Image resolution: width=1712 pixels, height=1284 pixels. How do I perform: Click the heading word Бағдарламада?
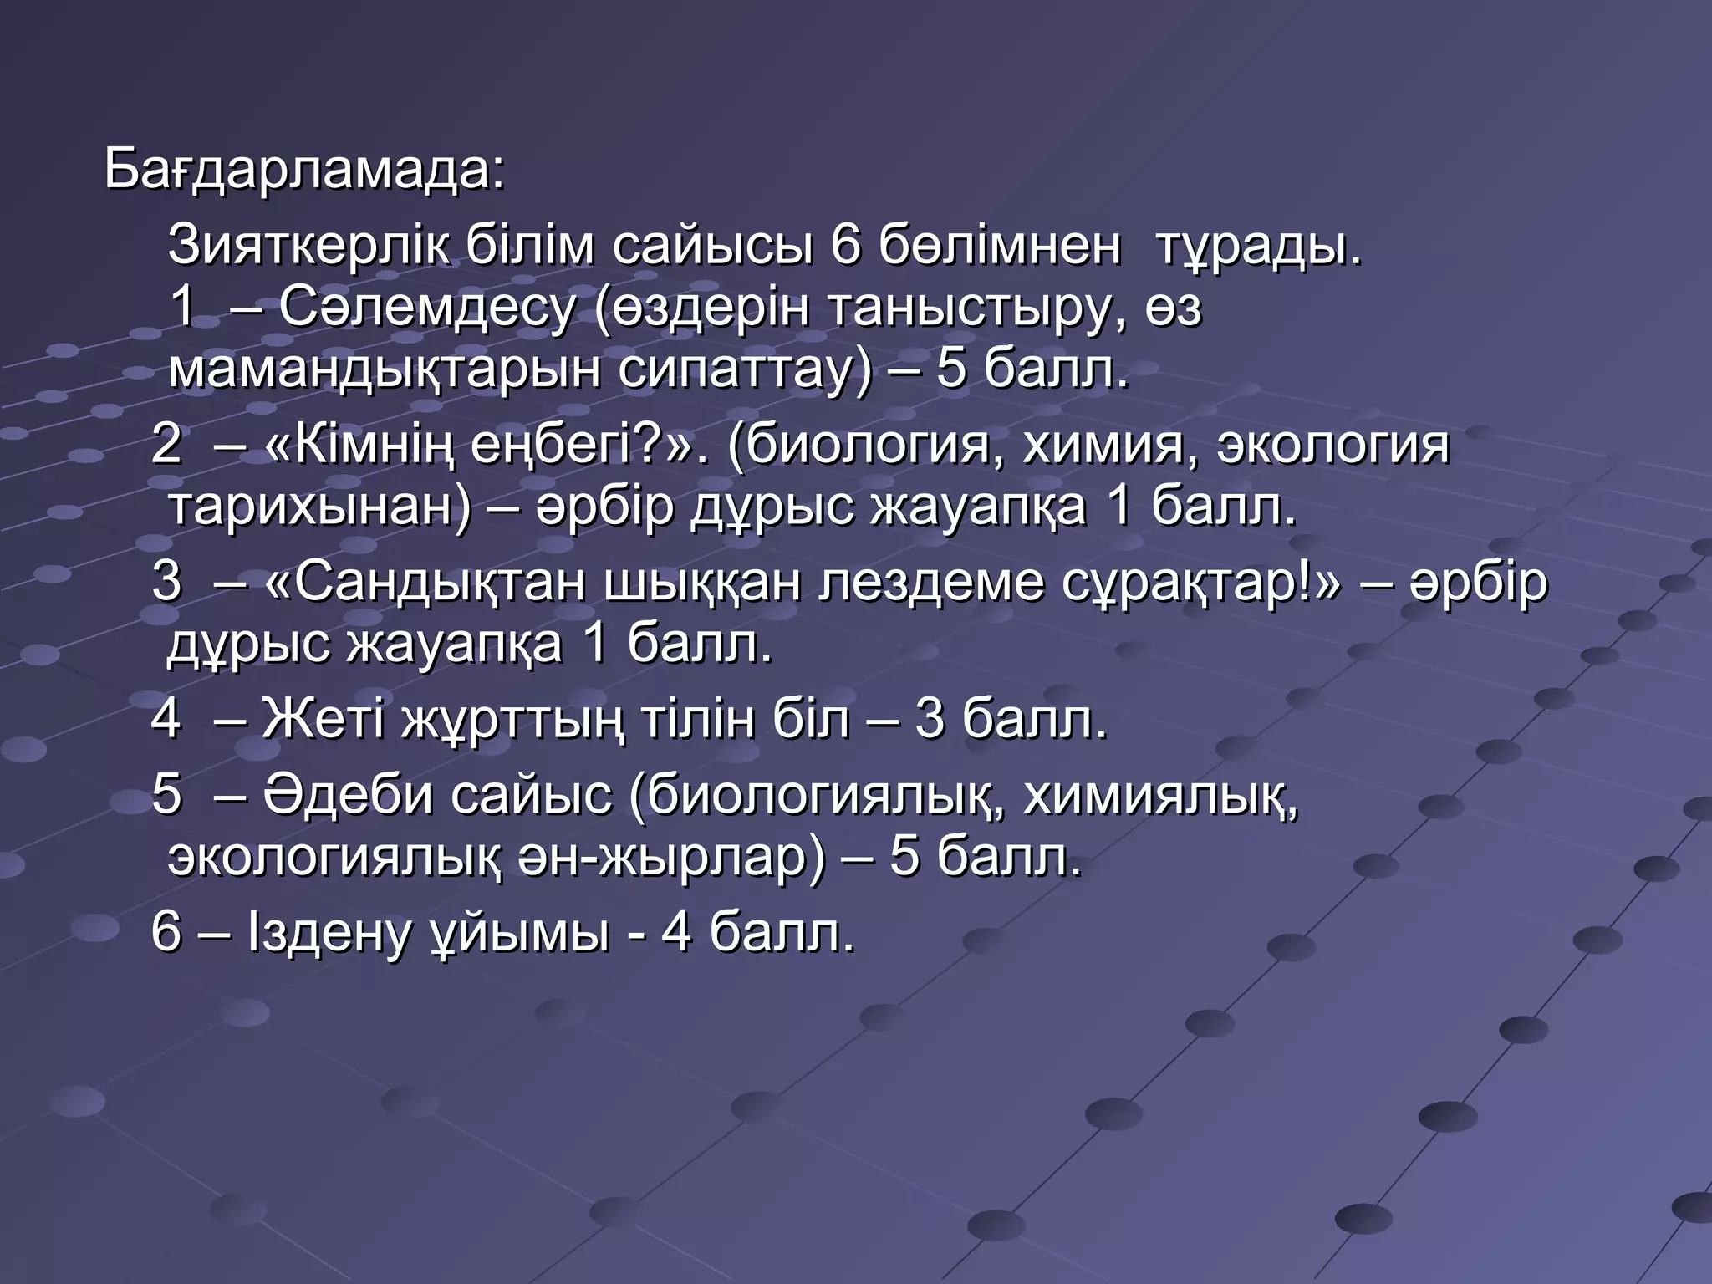[x=304, y=171]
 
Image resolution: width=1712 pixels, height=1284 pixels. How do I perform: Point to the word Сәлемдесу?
[x=427, y=308]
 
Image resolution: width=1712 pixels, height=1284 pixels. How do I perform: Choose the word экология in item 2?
[x=1332, y=445]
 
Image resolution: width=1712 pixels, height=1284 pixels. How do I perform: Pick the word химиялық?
[x=1160, y=794]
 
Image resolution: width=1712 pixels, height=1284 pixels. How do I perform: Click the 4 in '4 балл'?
[x=676, y=931]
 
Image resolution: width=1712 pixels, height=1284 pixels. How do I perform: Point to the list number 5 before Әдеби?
[x=166, y=794]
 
